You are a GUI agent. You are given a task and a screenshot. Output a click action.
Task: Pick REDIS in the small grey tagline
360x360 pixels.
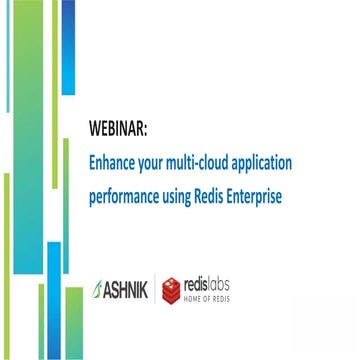coord(222,298)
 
